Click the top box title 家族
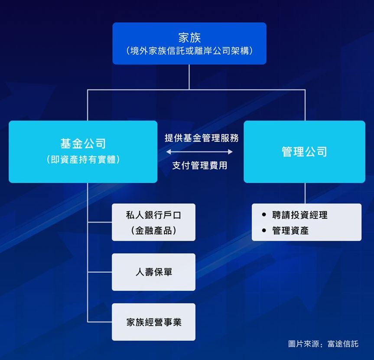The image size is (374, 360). coord(189,37)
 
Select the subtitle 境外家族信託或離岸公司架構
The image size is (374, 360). coord(189,51)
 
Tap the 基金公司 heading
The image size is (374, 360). coord(83,144)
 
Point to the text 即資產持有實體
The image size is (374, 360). coord(83,160)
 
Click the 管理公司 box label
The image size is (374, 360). coord(304,152)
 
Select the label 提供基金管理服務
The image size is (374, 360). coord(202,138)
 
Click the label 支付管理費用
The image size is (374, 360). coord(200,165)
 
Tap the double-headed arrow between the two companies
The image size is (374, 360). coord(199,152)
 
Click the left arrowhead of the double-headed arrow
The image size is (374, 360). coord(169,152)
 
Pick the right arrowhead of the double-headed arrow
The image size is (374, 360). coord(231,152)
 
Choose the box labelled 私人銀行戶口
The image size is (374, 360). coord(153,222)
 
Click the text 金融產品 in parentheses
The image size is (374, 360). coord(153,230)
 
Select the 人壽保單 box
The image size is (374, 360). coord(153,272)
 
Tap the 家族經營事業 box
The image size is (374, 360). coord(153,322)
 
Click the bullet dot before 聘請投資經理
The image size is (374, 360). coord(264,215)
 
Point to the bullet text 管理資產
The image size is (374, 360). coord(290,230)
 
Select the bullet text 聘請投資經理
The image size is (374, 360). coord(299,215)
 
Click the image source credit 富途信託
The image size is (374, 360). coord(343,344)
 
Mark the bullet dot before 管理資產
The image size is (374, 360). coord(264,230)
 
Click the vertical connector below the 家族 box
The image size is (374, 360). coord(189,77)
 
